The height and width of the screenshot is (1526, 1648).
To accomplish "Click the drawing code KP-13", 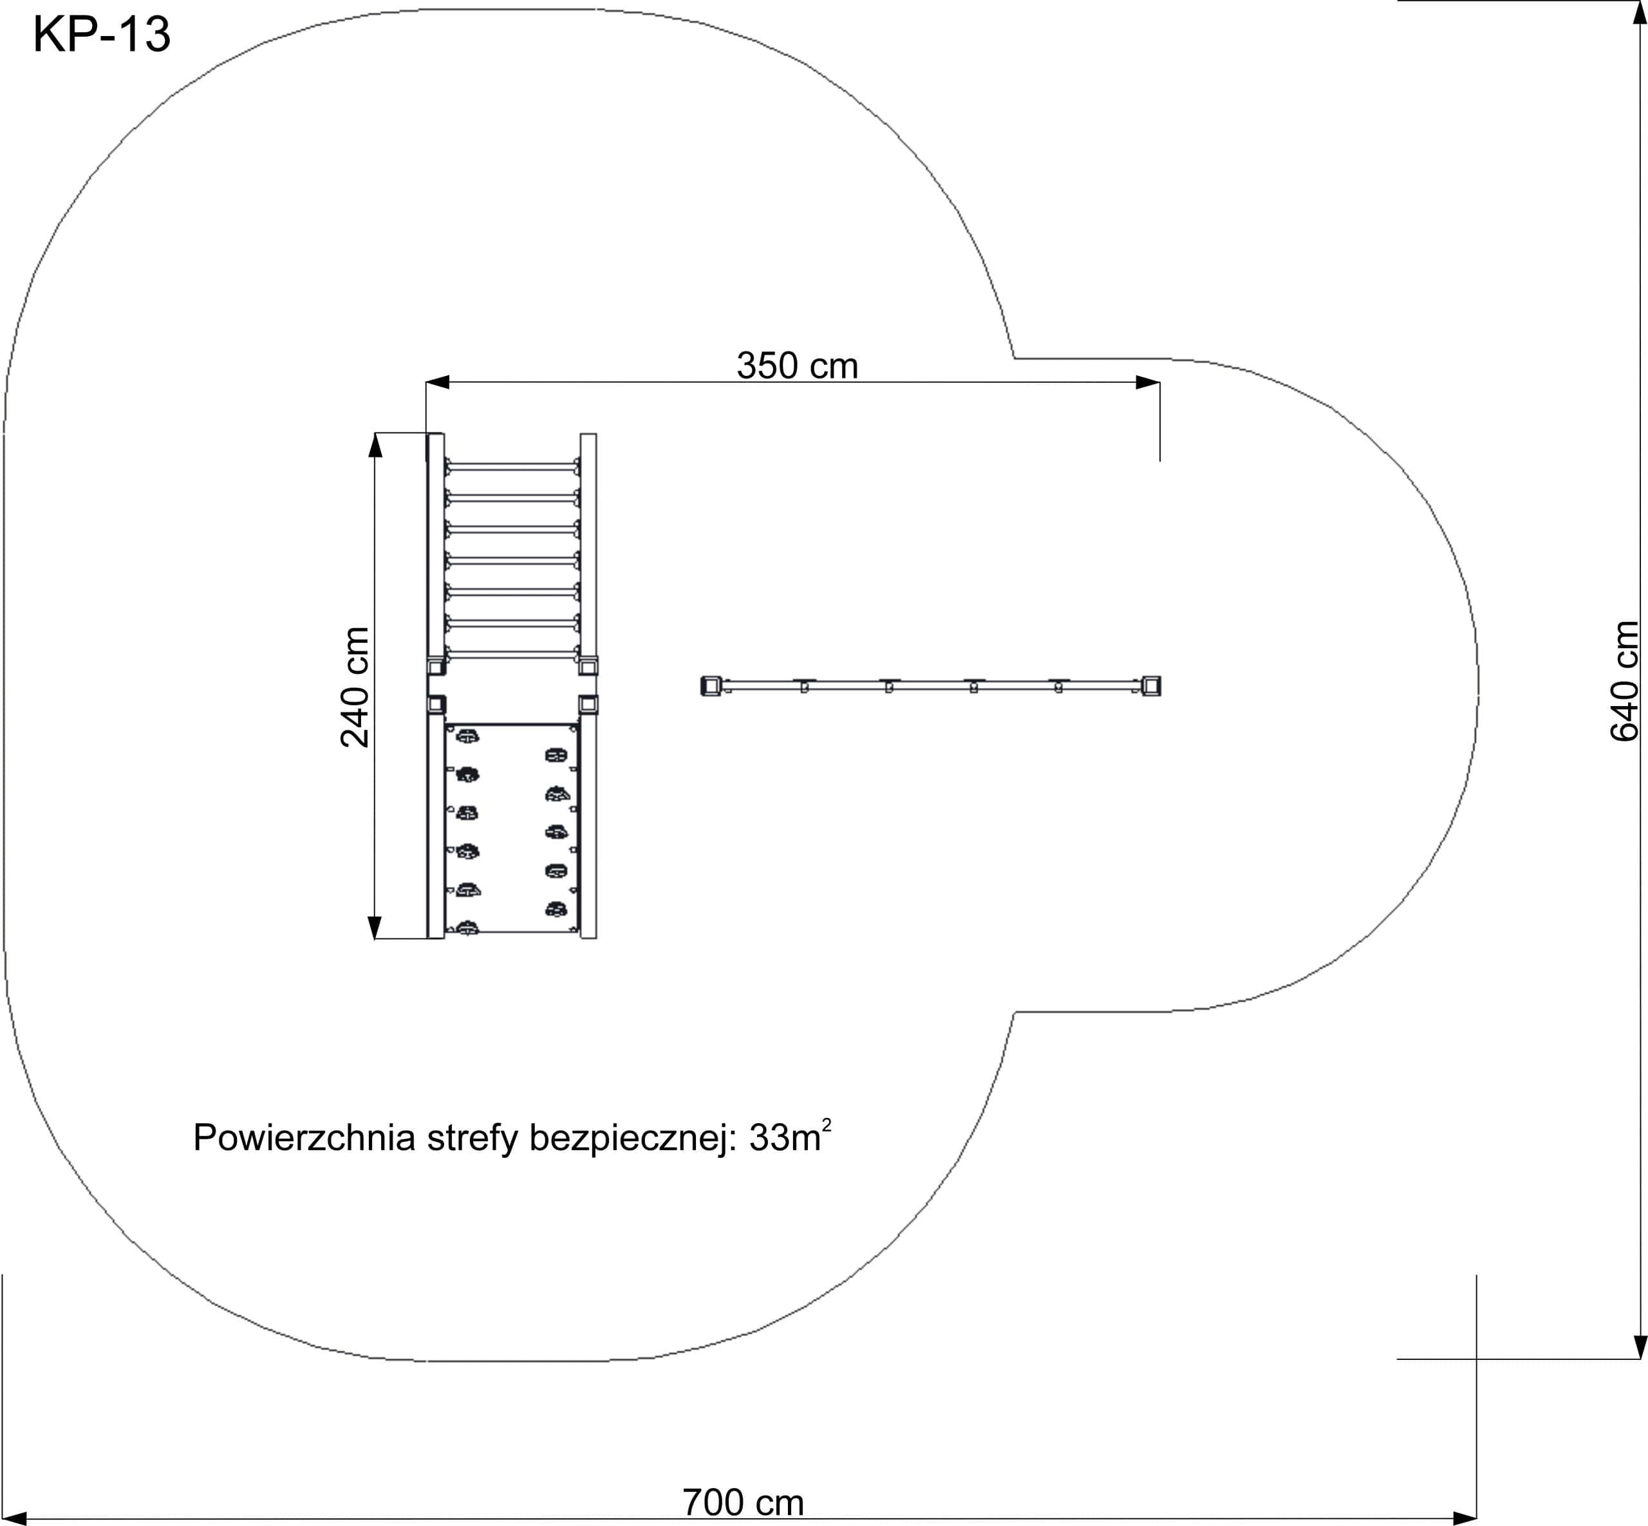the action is point(102,35).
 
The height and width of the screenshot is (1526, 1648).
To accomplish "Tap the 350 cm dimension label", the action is point(797,366).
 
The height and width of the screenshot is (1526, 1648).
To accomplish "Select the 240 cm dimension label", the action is point(355,687).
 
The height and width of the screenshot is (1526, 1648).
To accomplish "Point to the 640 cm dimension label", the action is point(1624,681).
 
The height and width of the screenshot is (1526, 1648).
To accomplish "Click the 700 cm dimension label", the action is point(743,1503).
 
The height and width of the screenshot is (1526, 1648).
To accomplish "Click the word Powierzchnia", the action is point(304,1138).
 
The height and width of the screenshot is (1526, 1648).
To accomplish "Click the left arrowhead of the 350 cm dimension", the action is point(438,382).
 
